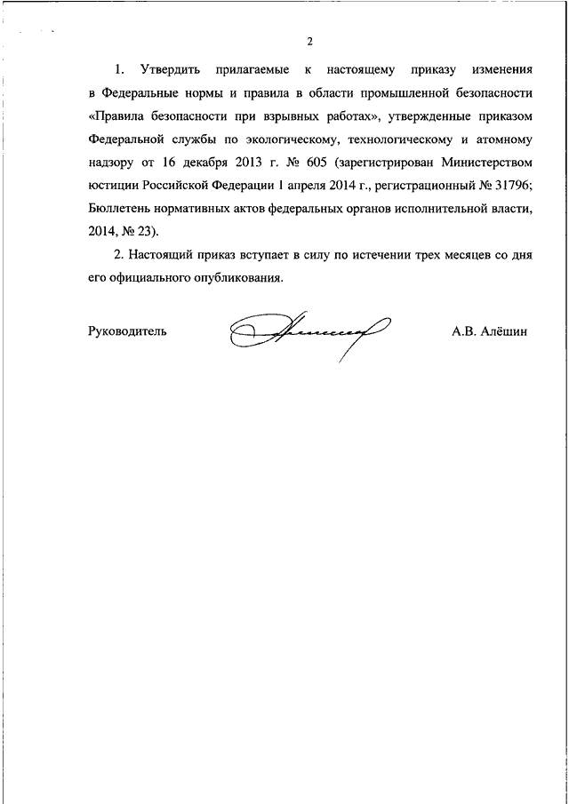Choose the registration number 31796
coord(507,185)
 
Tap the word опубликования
coord(236,277)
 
